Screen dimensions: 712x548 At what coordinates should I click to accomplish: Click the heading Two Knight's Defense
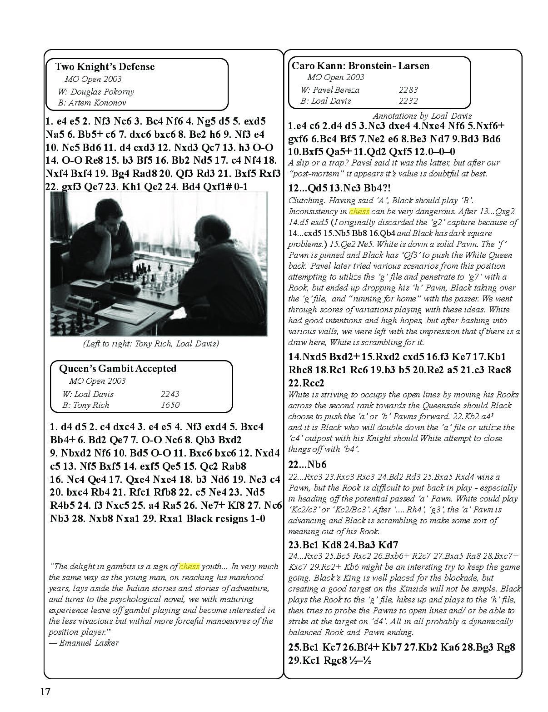(105, 67)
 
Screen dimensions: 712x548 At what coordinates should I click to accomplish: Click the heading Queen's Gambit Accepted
(118, 368)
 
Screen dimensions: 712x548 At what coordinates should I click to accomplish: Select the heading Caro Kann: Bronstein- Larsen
(360, 65)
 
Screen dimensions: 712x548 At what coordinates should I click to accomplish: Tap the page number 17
(45, 692)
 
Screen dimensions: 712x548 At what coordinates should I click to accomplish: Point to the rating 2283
(408, 90)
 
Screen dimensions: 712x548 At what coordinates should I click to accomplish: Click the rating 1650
(170, 405)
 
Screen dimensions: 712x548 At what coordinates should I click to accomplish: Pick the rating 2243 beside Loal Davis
(170, 394)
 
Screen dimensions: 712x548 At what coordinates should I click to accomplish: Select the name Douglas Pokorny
(102, 91)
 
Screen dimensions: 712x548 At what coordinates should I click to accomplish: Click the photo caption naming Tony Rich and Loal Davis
(150, 343)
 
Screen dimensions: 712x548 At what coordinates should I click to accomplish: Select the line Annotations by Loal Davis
(422, 115)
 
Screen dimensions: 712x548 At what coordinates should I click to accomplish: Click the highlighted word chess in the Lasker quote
(189, 567)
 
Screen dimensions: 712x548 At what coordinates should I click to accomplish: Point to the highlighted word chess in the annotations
(359, 211)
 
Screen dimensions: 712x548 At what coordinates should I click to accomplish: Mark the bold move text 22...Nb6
(308, 464)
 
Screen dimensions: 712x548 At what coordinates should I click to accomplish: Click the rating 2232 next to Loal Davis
(408, 101)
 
